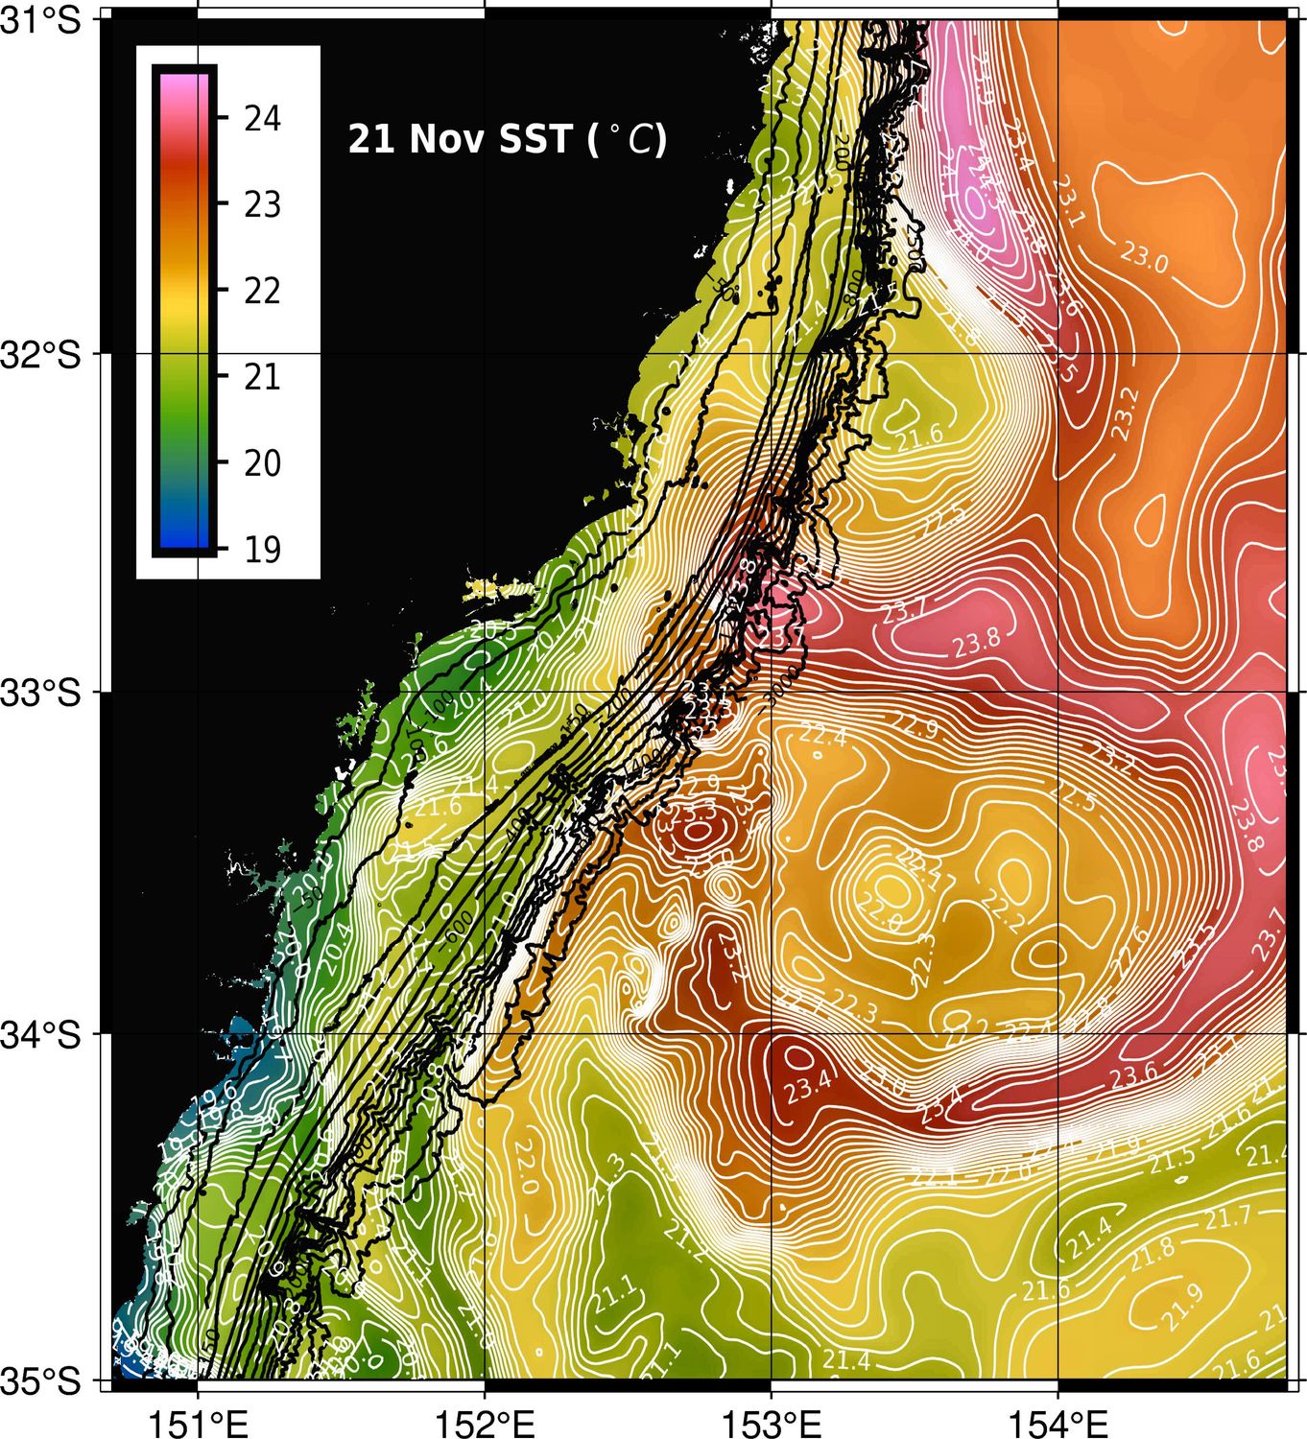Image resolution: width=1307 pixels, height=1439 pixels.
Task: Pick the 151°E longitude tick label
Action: click(200, 1423)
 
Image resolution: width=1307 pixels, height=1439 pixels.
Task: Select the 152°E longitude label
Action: click(486, 1423)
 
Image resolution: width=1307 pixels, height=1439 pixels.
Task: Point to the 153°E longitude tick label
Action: click(772, 1423)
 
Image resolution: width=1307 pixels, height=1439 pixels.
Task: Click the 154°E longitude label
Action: click(1058, 1423)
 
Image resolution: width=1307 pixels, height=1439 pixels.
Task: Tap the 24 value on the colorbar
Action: click(262, 119)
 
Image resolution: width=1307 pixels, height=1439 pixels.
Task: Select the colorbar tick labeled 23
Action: click(262, 204)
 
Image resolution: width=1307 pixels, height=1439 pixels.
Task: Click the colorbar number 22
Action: click(262, 291)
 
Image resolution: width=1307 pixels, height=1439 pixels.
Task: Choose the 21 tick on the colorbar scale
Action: click(262, 377)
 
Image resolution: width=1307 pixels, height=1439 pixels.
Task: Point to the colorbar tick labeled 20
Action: click(262, 463)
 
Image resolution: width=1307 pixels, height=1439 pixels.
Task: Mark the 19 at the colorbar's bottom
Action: click(262, 550)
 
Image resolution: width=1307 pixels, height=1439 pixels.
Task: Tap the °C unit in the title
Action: click(636, 140)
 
